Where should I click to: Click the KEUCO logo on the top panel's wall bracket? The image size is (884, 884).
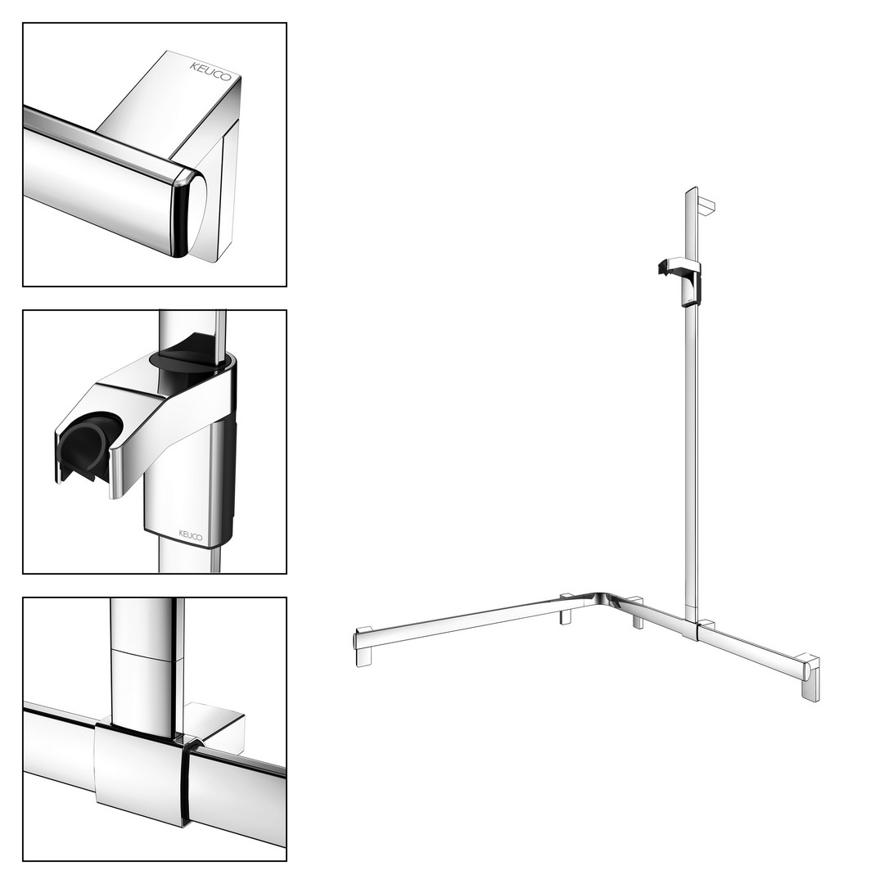(x=210, y=71)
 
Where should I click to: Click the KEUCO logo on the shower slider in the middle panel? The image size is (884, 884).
(x=191, y=535)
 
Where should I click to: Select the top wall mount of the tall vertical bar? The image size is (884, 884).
(x=706, y=206)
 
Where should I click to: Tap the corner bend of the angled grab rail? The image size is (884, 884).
(x=602, y=601)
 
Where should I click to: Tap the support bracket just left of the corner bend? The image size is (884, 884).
(x=566, y=609)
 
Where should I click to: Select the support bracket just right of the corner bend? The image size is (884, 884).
(x=637, y=612)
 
